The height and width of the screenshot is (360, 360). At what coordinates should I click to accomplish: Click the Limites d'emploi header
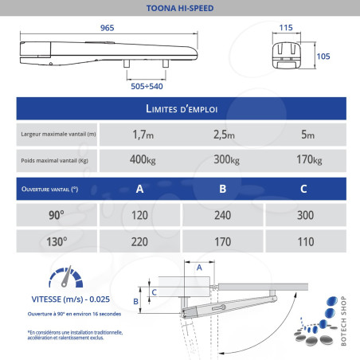(x=180, y=108)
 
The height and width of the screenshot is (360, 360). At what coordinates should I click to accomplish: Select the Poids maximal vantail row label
(x=54, y=160)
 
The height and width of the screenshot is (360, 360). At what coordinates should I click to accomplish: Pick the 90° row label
(x=56, y=214)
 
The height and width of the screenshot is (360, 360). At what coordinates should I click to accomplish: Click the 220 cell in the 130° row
(x=140, y=240)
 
